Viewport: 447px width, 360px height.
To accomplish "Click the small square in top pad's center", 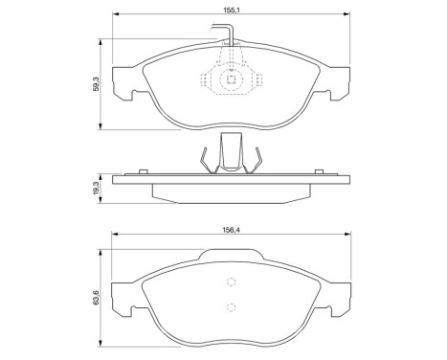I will tap(230, 81).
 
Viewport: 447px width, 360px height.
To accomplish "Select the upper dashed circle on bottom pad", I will tap(230, 281).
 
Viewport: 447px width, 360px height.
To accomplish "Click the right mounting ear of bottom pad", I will tap(337, 306).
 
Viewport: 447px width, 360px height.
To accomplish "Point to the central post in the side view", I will tap(230, 153).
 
